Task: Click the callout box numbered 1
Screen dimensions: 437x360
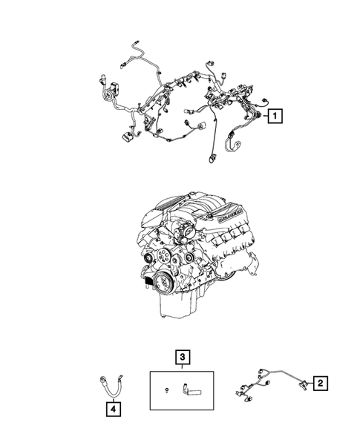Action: click(275, 116)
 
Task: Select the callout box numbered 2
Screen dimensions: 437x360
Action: click(320, 383)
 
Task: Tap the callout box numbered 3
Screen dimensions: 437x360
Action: click(180, 358)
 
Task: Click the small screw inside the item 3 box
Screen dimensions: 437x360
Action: click(168, 387)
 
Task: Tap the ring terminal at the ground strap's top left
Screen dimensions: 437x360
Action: click(100, 378)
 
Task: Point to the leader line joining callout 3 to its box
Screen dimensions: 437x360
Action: click(180, 367)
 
